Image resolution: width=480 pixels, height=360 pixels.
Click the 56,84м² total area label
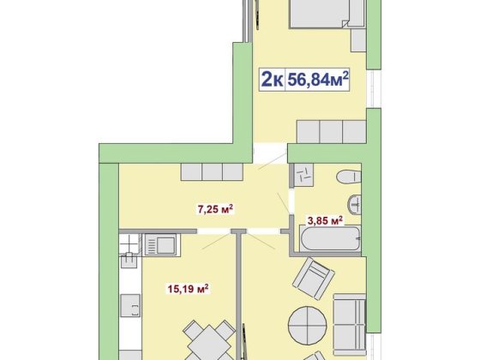click(x=318, y=79)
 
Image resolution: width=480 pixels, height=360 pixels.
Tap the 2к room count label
click(x=272, y=80)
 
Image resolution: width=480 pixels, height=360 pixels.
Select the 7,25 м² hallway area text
click(x=215, y=209)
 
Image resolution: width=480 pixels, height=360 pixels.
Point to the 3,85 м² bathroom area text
click(x=325, y=220)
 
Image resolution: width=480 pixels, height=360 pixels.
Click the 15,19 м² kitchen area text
click(x=189, y=288)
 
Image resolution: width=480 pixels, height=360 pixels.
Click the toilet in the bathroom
click(x=349, y=177)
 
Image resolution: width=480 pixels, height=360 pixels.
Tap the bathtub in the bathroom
click(x=331, y=239)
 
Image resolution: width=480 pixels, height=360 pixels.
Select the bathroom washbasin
click(x=355, y=204)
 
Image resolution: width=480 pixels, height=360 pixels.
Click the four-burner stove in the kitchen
click(x=130, y=244)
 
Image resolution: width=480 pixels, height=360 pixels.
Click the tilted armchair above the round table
click(x=313, y=279)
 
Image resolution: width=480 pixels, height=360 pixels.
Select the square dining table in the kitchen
click(x=209, y=343)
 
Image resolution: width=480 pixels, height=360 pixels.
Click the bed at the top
click(x=327, y=14)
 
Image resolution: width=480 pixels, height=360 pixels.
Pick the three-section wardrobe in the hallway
click(x=212, y=171)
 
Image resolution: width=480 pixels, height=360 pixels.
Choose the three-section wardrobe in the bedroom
click(x=331, y=132)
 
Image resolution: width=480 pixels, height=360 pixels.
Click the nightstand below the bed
click(x=358, y=40)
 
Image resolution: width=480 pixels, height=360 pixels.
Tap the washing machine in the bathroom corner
click(x=303, y=175)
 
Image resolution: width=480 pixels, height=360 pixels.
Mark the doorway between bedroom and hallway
click(x=271, y=153)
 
